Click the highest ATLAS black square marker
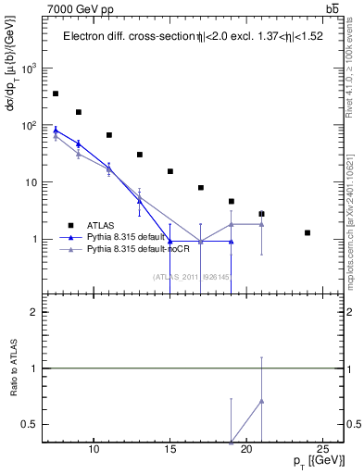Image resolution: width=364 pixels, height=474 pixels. click(56, 94)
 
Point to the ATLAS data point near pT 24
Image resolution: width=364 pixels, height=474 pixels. click(308, 232)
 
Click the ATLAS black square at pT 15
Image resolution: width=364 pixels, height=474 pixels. click(170, 171)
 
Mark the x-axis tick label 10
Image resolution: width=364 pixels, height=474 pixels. click(94, 450)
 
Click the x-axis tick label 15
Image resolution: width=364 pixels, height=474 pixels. click(170, 450)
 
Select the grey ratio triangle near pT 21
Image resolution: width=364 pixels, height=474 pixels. click(262, 401)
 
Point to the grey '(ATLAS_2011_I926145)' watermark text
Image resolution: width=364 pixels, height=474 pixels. click(190, 275)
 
